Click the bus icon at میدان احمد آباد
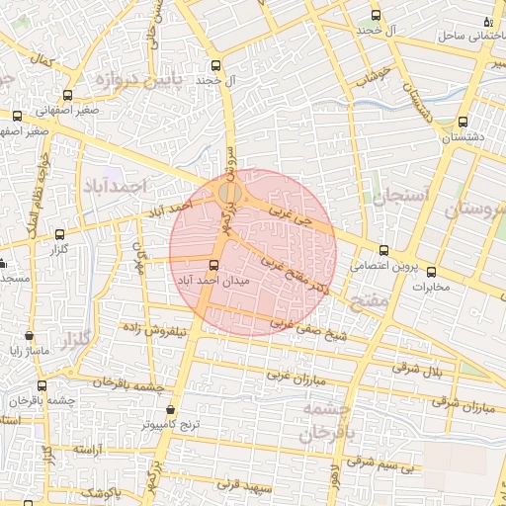tap(215, 264)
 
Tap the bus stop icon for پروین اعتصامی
tap(384, 250)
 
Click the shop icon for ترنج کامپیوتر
tap(172, 408)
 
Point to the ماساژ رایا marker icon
tap(30, 336)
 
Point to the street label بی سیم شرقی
tap(378, 463)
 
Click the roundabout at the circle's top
tap(230, 192)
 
